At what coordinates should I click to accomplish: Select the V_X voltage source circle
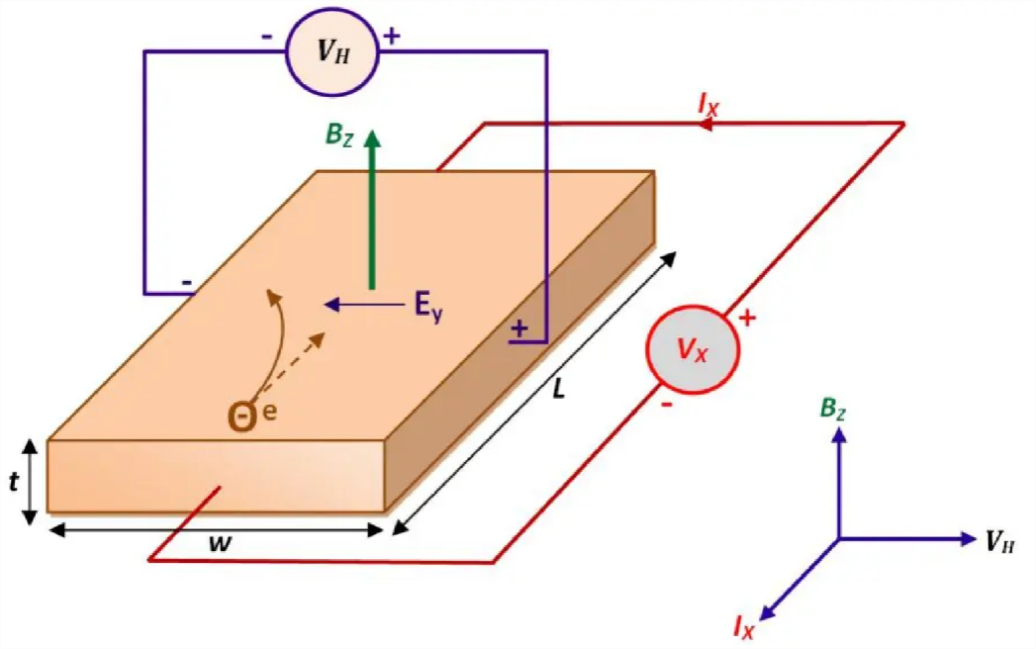[x=692, y=352]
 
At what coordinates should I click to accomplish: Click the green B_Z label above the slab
[x=338, y=133]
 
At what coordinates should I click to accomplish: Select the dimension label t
[x=13, y=482]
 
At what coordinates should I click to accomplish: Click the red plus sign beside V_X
[x=748, y=319]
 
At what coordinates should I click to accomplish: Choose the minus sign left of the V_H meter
[x=268, y=35]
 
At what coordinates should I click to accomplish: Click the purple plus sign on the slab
[x=519, y=327]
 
